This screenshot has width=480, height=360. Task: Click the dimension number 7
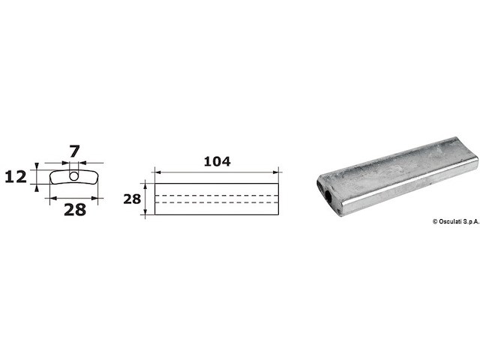coord(74,151)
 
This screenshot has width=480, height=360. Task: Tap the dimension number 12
coord(16,177)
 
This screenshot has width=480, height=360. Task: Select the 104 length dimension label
coord(217,162)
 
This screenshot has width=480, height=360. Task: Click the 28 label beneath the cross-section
coord(75,210)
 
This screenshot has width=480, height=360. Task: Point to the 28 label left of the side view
coord(132,199)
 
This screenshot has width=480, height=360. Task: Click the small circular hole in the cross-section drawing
coord(73,176)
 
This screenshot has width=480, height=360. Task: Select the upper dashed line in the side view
coord(217,195)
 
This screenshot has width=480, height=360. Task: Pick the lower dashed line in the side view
coord(217,202)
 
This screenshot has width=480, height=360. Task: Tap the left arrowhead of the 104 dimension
coord(158,172)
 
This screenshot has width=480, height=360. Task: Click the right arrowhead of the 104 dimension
coord(275,172)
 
